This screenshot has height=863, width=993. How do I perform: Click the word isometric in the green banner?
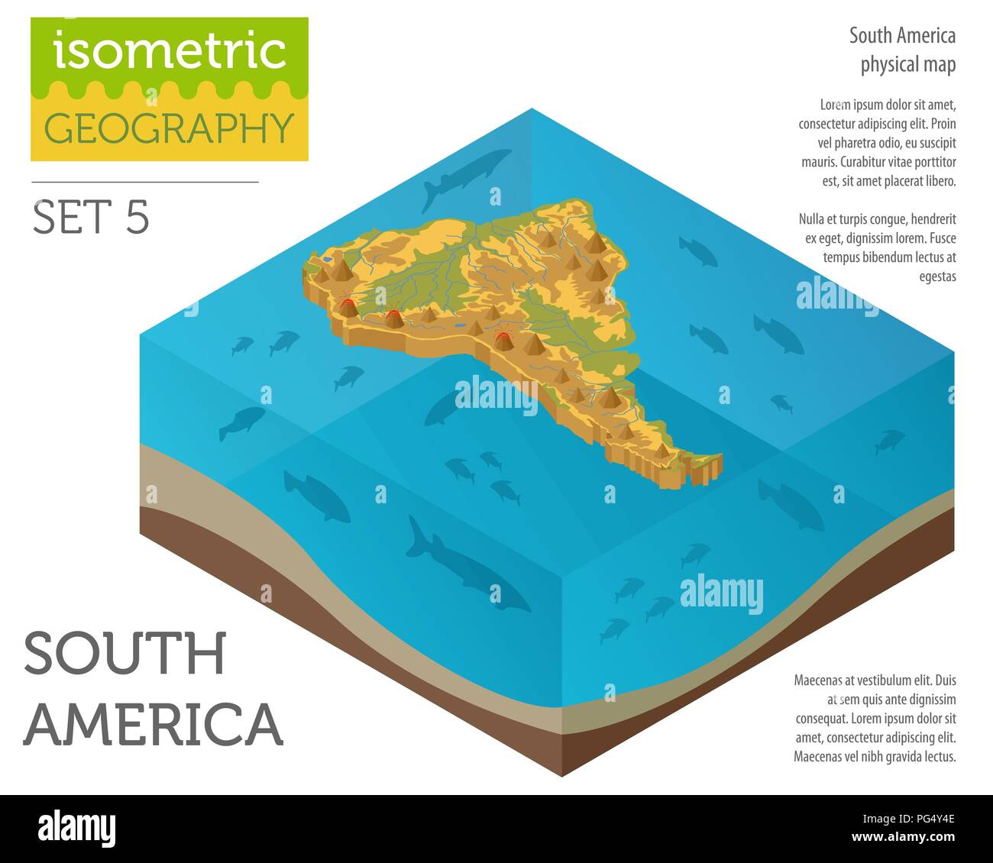(170, 50)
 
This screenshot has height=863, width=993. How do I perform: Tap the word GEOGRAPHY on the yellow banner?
(170, 128)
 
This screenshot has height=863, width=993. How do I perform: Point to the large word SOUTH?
(125, 654)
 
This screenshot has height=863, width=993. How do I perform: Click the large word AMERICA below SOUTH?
(154, 723)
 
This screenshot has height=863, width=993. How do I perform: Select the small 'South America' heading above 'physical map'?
(902, 36)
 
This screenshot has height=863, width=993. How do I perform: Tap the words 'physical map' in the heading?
(907, 65)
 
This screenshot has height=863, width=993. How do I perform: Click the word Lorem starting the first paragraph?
(835, 105)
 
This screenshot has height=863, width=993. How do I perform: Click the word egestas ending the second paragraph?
(937, 276)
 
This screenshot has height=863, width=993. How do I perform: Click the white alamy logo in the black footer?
(76, 828)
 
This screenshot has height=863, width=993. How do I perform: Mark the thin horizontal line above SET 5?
(145, 183)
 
